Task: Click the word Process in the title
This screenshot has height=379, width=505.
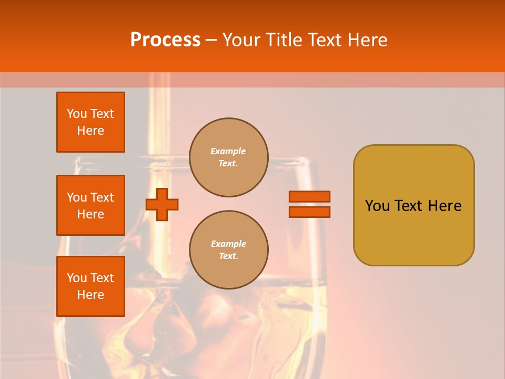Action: (x=165, y=40)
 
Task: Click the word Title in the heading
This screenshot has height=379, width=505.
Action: (x=283, y=40)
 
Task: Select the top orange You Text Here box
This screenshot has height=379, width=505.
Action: (x=90, y=122)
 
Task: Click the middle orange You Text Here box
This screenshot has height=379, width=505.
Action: (x=90, y=205)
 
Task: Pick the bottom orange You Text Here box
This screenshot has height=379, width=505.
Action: (x=90, y=286)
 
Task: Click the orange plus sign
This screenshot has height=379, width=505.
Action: (x=162, y=204)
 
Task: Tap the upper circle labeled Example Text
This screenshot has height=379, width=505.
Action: (x=228, y=157)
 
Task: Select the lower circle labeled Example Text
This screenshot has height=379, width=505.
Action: (x=228, y=250)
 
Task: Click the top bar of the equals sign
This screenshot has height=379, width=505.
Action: (x=309, y=196)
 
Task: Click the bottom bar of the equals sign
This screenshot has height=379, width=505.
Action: (x=309, y=212)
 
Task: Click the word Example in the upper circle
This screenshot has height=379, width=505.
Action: (x=228, y=151)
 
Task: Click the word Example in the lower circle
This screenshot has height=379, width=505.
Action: (x=228, y=244)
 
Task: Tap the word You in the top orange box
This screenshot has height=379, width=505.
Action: (x=77, y=114)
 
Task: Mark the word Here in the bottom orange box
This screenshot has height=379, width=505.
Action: (x=90, y=295)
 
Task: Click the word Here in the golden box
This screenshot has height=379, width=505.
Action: (x=445, y=206)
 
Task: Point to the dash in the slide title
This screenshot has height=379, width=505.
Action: (x=211, y=40)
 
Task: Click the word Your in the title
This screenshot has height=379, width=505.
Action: (x=242, y=40)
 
